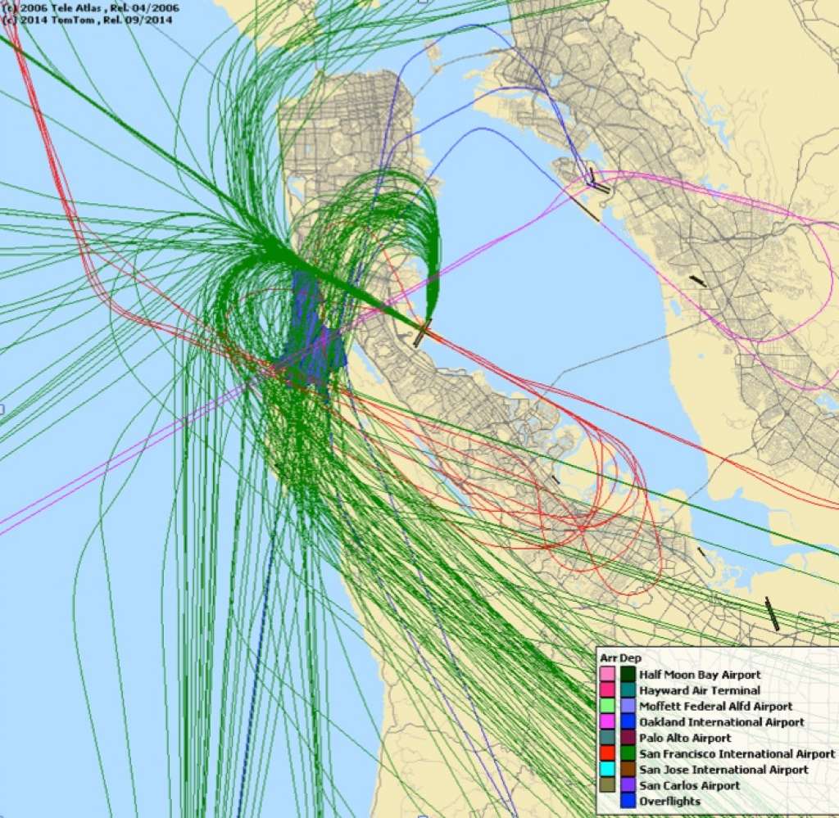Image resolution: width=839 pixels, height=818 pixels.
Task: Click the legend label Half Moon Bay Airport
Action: point(700,675)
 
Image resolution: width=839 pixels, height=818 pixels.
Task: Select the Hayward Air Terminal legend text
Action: point(699,690)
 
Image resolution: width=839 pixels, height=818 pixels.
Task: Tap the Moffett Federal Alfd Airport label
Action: point(715,706)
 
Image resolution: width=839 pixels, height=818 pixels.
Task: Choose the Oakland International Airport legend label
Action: point(721,722)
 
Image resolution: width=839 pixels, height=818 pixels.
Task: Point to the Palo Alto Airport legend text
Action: point(685,738)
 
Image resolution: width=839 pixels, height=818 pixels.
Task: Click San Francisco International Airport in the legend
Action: point(737,753)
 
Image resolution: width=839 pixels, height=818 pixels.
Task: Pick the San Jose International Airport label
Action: point(723,770)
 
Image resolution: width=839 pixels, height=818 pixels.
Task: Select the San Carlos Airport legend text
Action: point(689,785)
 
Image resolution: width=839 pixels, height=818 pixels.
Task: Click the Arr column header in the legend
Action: point(607,658)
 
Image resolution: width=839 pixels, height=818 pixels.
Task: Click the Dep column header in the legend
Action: point(629,658)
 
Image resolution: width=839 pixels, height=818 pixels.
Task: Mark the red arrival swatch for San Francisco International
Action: point(607,753)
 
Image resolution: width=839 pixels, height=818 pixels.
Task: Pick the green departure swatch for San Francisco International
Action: point(628,753)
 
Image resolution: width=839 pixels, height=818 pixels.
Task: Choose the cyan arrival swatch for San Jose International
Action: point(607,770)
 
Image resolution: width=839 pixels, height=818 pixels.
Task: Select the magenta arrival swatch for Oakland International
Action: point(607,722)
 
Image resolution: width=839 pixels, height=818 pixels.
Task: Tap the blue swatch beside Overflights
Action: point(628,801)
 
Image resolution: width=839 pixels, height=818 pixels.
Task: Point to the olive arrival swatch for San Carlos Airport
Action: point(607,785)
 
